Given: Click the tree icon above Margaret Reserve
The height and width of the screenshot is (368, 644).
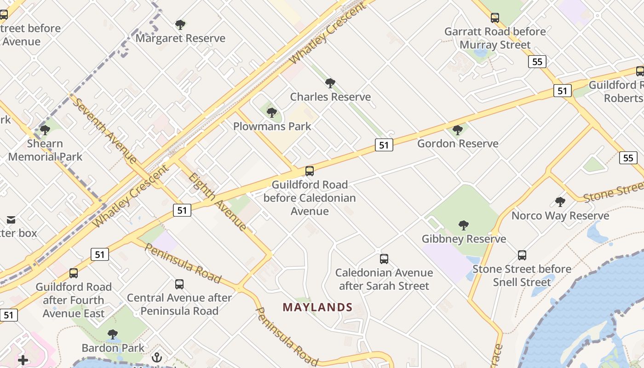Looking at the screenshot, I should [x=180, y=24].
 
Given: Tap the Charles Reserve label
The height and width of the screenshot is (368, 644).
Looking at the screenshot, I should [x=330, y=97].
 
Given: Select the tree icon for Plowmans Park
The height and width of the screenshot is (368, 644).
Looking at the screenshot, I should [x=272, y=112].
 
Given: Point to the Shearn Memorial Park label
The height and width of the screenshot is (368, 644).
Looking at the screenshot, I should [x=45, y=150].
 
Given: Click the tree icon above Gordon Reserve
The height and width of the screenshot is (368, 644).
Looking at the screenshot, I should [x=457, y=130].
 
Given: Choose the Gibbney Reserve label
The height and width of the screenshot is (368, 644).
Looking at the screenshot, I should [x=464, y=239].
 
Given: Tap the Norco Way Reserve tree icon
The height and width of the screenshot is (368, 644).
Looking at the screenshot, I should [x=560, y=201].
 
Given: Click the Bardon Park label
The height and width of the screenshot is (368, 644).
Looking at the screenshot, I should [x=113, y=348].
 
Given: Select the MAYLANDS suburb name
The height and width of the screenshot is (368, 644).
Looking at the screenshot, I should [x=317, y=307].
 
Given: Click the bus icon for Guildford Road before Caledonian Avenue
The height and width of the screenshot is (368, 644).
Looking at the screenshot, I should [x=310, y=171].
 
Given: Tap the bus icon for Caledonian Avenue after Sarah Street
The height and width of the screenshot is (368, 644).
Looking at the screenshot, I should [x=384, y=259].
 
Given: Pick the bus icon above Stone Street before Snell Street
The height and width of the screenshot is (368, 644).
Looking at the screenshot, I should [x=522, y=255].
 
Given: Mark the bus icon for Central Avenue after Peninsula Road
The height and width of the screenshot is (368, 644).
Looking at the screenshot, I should [x=179, y=284].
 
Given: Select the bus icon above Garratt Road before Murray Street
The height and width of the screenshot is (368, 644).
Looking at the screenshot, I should [x=495, y=18].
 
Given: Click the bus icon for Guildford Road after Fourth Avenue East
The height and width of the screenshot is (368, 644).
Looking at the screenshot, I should [x=74, y=273].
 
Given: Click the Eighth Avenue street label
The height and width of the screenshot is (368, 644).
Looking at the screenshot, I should [x=218, y=201].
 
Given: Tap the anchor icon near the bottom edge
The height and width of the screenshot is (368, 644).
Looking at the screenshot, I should [x=157, y=357].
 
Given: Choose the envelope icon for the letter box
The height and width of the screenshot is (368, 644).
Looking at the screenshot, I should [x=11, y=220].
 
